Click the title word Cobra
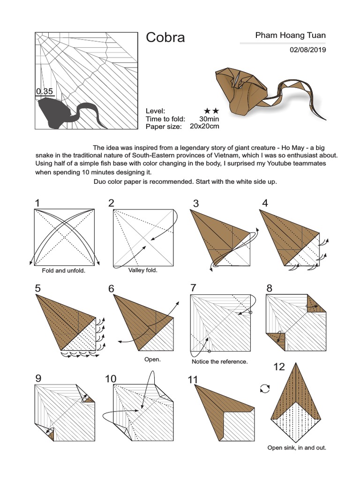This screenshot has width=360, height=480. coord(165,37)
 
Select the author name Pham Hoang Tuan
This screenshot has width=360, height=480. coord(290,35)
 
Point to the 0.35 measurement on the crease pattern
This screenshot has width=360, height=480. coord(45,91)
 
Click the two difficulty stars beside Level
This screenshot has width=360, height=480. coord(212,111)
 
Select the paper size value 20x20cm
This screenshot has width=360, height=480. coord(204,126)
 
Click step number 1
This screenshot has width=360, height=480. coord(37,203)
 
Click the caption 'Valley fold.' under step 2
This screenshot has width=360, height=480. coord(143,270)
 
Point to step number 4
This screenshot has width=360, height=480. coord(265,203)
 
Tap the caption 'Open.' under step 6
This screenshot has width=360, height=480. coord(152,360)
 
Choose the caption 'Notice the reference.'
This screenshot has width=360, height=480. coord(220,362)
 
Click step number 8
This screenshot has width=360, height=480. coord(269,288)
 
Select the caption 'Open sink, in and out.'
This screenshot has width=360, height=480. coord(297,448)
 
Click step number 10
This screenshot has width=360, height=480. coord(111,378)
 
